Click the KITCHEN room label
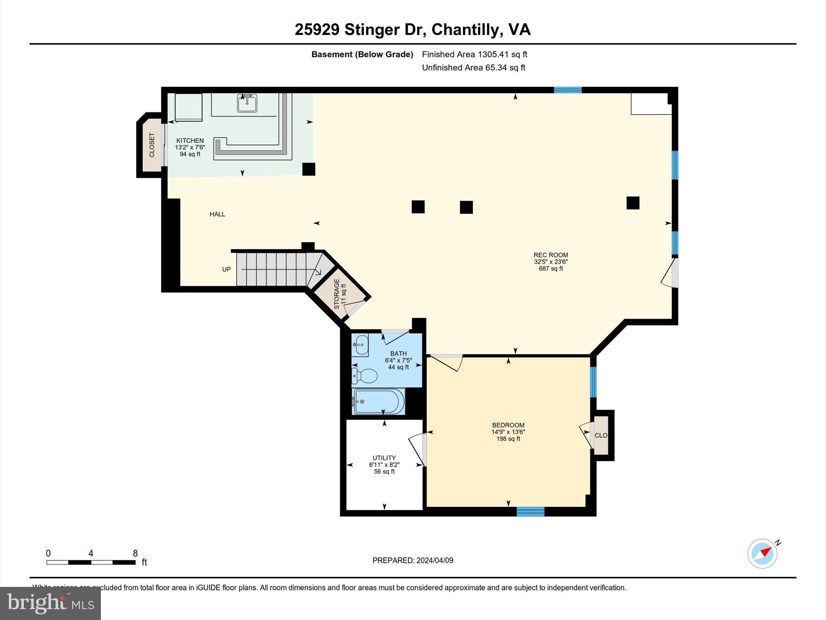click(190, 141)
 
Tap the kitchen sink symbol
click(247, 103)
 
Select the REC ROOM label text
click(551, 255)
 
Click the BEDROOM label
click(508, 425)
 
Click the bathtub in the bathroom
click(378, 402)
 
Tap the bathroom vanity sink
click(360, 345)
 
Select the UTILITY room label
click(384, 458)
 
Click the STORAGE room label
click(337, 294)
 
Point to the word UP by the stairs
click(226, 269)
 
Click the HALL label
click(217, 214)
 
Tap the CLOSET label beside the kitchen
click(152, 145)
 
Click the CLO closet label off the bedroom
click(601, 436)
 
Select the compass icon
click(762, 554)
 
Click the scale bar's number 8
click(136, 553)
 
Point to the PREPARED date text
click(413, 560)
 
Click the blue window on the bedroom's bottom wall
click(530, 512)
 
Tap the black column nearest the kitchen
click(309, 169)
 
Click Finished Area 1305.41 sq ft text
click(474, 54)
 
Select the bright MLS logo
click(50, 603)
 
